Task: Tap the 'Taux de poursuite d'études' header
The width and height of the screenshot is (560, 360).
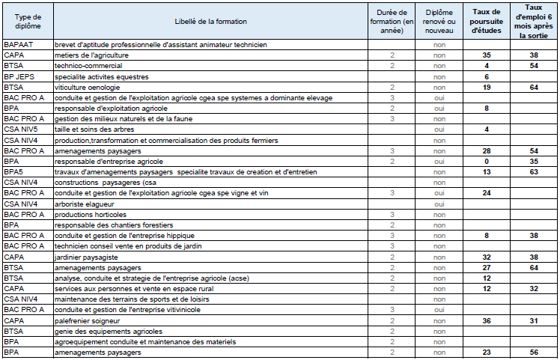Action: (487, 22)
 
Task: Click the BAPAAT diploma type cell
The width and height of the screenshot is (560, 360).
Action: (18, 45)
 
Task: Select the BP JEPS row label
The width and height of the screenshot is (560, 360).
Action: (19, 76)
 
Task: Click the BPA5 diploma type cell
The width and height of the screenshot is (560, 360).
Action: (14, 171)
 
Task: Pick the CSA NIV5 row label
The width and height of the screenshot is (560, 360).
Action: (20, 129)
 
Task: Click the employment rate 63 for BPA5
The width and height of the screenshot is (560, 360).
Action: (534, 171)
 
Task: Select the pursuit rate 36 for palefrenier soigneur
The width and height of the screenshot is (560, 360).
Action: (487, 320)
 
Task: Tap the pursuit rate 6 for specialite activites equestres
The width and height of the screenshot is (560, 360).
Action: (487, 76)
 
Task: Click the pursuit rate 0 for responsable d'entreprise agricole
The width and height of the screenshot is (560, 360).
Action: (487, 161)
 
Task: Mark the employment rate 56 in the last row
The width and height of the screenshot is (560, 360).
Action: (534, 352)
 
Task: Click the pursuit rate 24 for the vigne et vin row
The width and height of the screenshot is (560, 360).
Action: (487, 193)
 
